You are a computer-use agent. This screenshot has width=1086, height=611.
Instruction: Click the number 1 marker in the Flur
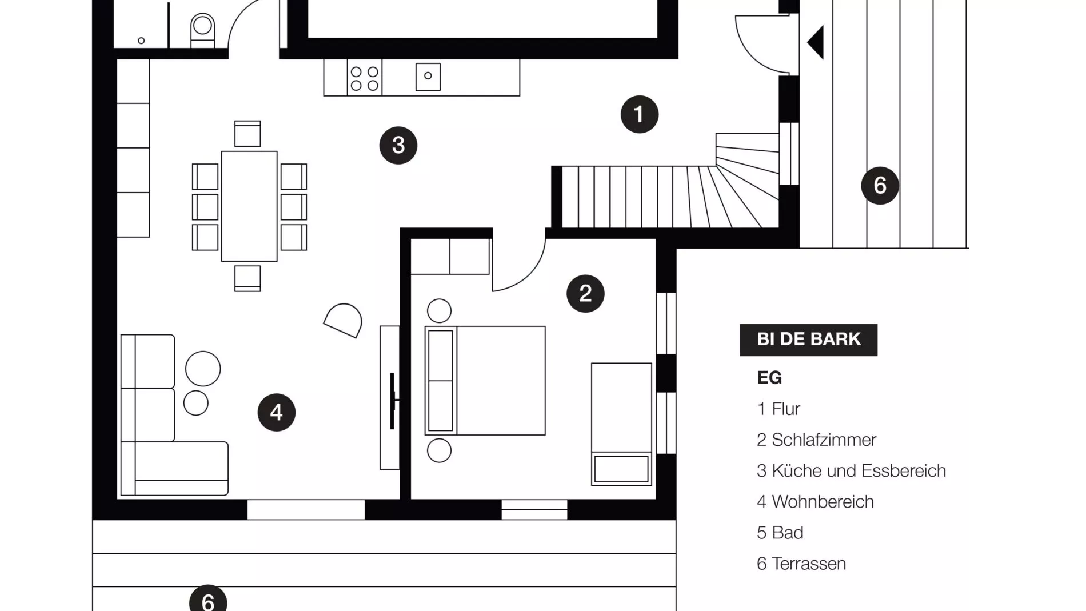tap(639, 114)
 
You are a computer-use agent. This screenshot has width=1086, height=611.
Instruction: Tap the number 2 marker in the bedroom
tap(585, 293)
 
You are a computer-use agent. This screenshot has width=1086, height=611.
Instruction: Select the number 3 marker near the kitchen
tap(398, 145)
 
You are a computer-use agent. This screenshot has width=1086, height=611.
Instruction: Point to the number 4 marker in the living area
tap(276, 412)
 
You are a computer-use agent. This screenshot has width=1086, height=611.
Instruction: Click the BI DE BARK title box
tap(808, 340)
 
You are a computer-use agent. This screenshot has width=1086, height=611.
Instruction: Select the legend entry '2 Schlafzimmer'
tap(816, 440)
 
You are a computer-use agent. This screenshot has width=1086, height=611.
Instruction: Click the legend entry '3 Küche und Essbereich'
tap(851, 470)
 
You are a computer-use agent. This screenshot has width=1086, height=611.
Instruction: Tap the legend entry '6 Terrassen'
tap(801, 564)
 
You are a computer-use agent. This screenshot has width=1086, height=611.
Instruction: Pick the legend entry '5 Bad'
tap(780, 533)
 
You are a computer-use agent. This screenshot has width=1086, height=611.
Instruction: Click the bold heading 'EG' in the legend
tap(769, 377)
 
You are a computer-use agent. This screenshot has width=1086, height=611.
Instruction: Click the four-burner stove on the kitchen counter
tap(364, 78)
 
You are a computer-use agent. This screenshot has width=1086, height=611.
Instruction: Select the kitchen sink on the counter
tap(428, 77)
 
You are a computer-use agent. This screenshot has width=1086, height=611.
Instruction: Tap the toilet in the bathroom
tap(202, 30)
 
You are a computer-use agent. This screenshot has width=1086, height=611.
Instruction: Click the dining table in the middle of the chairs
tap(249, 206)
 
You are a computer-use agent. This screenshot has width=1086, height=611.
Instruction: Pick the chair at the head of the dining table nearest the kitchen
tap(247, 134)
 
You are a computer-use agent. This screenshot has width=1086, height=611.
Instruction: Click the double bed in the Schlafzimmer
tap(485, 380)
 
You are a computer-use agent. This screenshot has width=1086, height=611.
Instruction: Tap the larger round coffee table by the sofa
tap(203, 369)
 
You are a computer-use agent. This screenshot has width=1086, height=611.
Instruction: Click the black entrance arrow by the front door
tap(816, 42)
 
